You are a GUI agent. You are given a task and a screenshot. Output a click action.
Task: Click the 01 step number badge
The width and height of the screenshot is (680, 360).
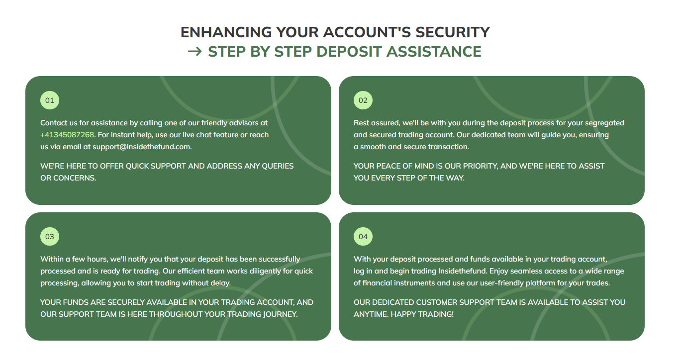point(49,100)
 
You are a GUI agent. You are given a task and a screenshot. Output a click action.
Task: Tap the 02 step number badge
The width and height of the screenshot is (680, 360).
point(363,100)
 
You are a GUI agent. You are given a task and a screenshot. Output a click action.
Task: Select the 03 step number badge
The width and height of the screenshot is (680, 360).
point(49,237)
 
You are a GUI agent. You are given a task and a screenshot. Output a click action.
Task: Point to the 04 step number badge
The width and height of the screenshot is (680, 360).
point(363,237)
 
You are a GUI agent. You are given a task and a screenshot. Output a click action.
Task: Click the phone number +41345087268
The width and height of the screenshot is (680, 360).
point(67,135)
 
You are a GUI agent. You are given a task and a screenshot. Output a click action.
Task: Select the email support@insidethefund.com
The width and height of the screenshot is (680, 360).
point(141,147)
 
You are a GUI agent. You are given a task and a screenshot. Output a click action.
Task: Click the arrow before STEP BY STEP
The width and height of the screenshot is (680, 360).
point(194,52)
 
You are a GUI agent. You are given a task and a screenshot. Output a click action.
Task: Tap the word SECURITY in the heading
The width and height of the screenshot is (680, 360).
point(453,32)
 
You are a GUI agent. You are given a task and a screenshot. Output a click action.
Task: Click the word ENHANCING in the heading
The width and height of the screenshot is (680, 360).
point(226,32)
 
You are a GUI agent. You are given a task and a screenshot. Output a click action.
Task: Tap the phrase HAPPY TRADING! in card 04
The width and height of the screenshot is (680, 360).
point(422,314)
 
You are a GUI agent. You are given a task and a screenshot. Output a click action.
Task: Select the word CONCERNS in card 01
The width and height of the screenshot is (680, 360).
point(75,178)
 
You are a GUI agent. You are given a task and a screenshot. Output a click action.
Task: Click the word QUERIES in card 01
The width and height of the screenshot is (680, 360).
point(278,166)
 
